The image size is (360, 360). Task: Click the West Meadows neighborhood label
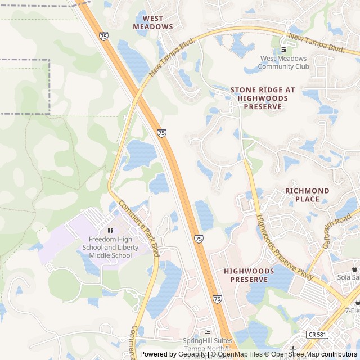pos(153,22)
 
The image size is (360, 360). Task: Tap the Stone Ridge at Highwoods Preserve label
pos(263,98)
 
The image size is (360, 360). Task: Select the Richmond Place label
pos(307,195)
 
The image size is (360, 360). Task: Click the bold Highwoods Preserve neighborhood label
pos(249,275)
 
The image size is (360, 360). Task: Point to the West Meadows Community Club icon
pos(283,50)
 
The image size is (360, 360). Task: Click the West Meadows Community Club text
pos(284,62)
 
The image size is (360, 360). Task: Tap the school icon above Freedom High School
pos(110,231)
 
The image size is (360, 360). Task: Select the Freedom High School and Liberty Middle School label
pos(110,247)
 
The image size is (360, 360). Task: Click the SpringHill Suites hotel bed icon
pos(207,332)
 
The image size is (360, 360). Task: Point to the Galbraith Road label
pos(334,230)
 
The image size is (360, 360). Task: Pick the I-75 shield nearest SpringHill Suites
pos(217,298)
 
